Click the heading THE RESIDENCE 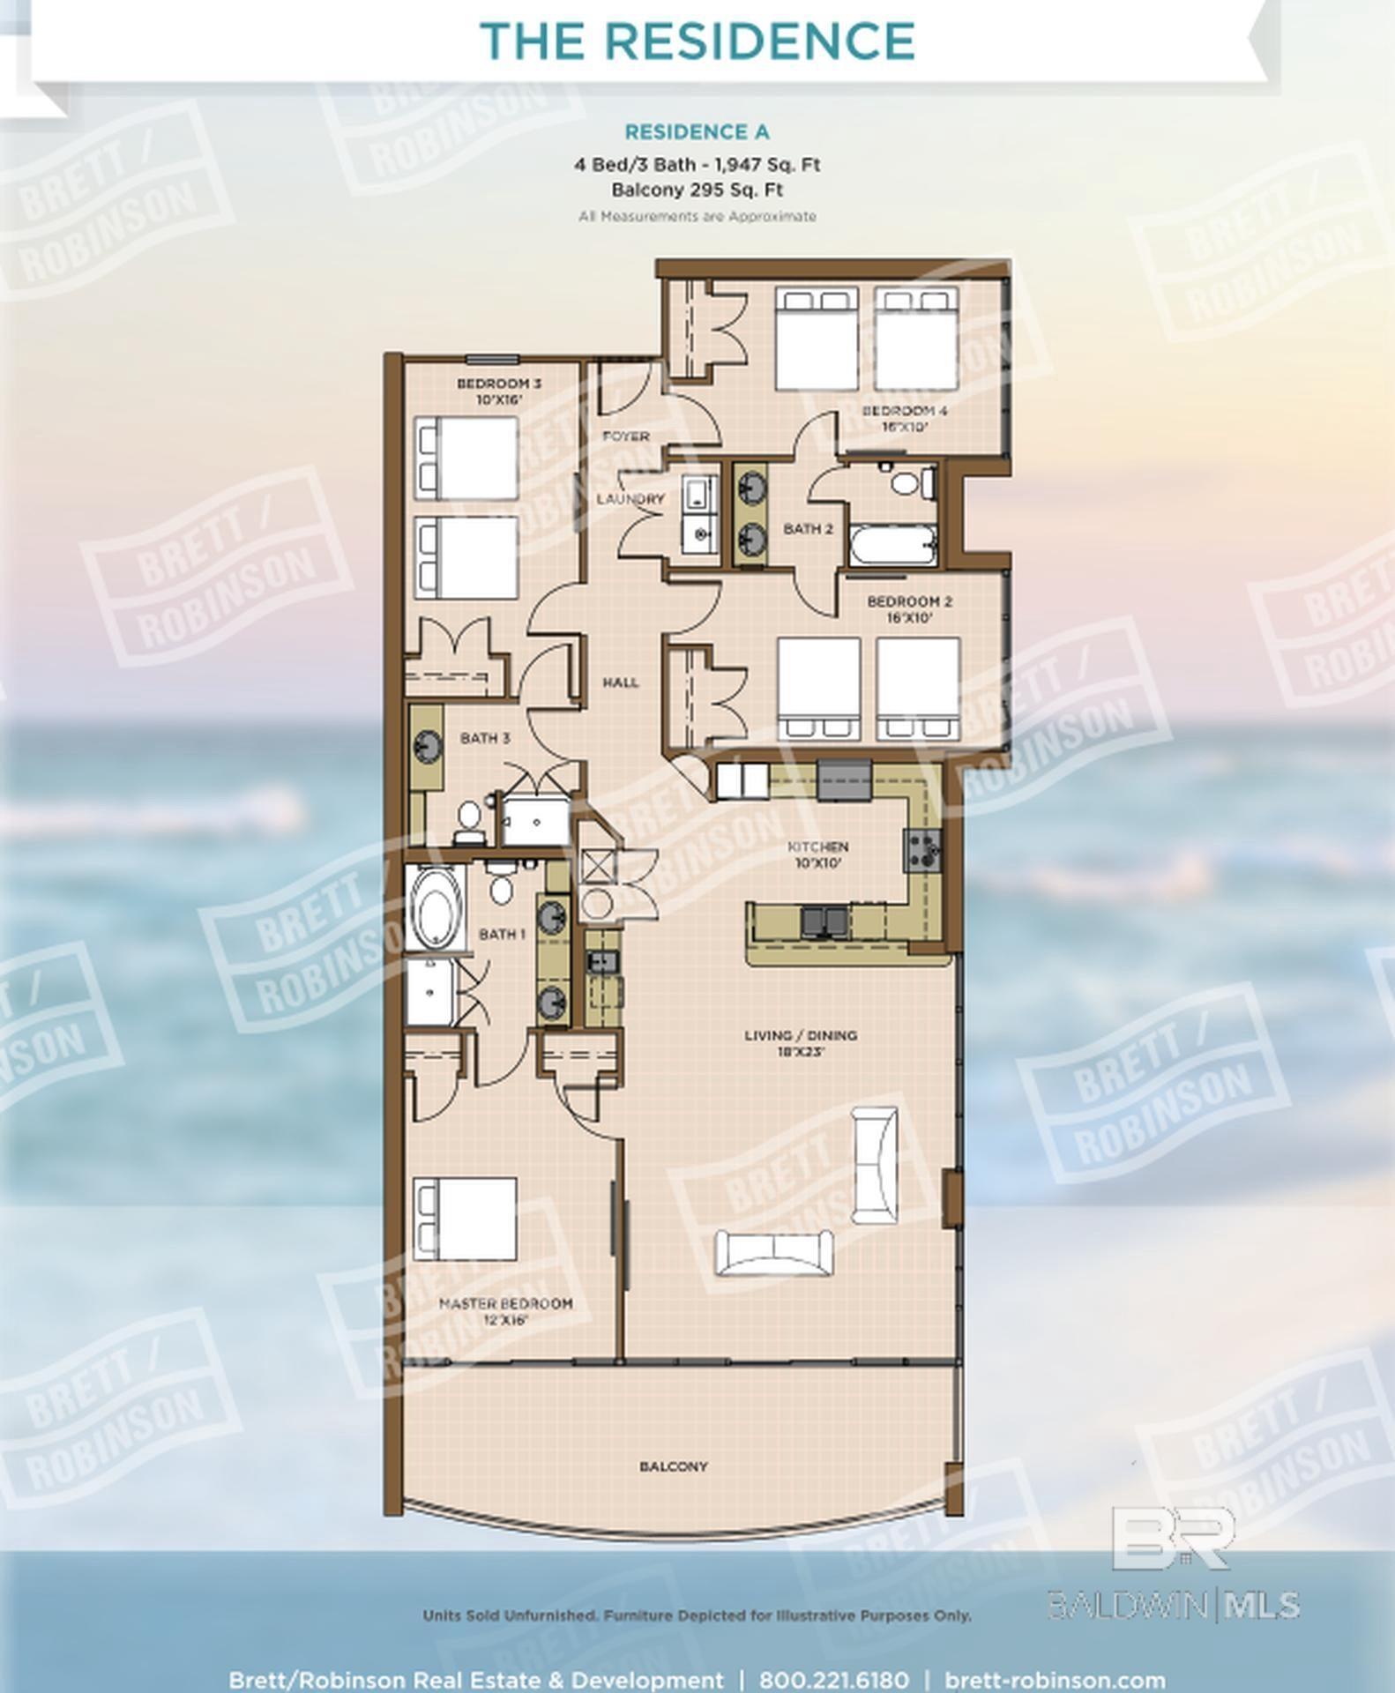click(x=697, y=41)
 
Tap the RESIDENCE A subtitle click(x=697, y=132)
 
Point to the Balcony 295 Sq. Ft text click(x=697, y=190)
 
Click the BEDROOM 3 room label click(x=499, y=391)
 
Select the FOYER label click(x=626, y=436)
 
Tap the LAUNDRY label click(x=630, y=499)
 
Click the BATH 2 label click(x=808, y=529)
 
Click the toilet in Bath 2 click(x=905, y=482)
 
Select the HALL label click(x=621, y=682)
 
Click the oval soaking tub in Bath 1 click(x=434, y=908)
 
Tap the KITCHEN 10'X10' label click(x=818, y=854)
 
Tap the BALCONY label click(x=674, y=1466)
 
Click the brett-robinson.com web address click(x=1055, y=1680)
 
